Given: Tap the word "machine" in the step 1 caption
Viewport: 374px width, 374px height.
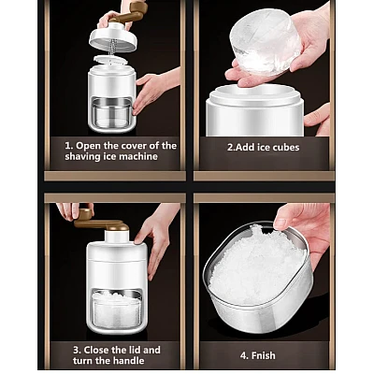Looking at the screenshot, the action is pos(138,156).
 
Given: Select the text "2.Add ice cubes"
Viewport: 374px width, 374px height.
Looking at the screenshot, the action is pos(263,147).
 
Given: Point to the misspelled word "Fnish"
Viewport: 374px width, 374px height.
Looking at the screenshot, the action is pos(262,355).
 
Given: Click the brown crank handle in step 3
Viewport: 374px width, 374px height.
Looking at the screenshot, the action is pos(99,221).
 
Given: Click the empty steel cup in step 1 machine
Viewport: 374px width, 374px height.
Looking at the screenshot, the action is pos(111,113).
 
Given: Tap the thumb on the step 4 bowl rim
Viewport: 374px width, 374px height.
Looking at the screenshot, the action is pos(281,223).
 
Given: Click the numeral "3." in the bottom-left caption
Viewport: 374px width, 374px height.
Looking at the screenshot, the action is pos(77,350).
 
